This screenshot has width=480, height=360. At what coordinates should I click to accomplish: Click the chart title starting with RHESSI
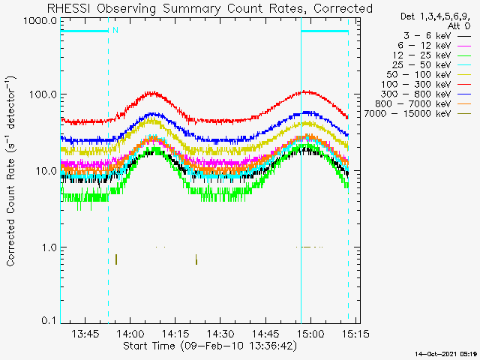[209, 8]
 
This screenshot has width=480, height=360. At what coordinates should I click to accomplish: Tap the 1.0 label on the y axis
[47, 247]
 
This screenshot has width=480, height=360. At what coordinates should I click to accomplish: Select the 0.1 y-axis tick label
[47, 322]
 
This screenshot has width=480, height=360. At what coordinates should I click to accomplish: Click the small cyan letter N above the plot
[115, 30]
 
